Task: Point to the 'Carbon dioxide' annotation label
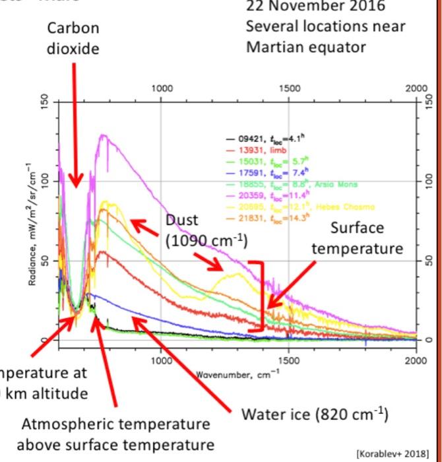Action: pyautogui.click(x=73, y=39)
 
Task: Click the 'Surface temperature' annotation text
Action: pyautogui.click(x=357, y=238)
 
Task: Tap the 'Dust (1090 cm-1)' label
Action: pyautogui.click(x=206, y=229)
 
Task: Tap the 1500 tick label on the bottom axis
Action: pyautogui.click(x=288, y=361)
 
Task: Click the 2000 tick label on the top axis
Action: pyautogui.click(x=416, y=88)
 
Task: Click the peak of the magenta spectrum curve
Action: pyautogui.click(x=102, y=135)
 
